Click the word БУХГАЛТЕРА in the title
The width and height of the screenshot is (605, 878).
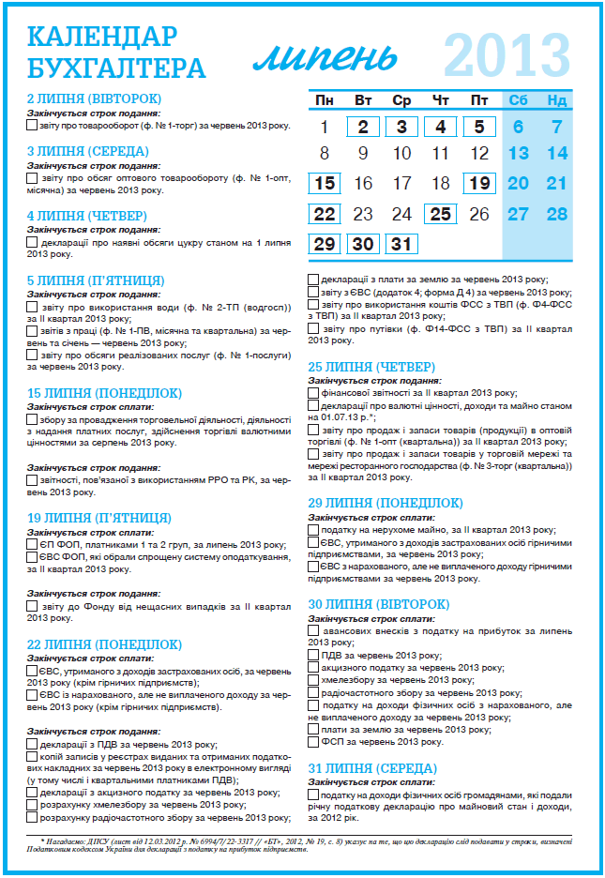coord(116,67)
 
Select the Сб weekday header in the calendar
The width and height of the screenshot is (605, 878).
coord(518,100)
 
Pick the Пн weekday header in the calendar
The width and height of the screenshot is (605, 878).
coord(325,100)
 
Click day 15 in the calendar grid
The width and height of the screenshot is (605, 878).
coord(325,183)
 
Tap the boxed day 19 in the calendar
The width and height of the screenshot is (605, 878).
coord(479,183)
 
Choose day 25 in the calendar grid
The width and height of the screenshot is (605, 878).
coord(440,214)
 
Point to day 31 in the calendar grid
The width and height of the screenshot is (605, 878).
coord(401,244)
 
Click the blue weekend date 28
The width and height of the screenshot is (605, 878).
coord(557,214)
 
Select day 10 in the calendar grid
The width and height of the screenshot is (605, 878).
coord(401,154)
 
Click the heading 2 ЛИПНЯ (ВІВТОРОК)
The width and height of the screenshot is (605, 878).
coord(94,98)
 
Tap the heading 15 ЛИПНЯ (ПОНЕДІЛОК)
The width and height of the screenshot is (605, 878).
coord(104,393)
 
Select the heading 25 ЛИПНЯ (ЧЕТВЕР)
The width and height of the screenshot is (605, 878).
coord(371,365)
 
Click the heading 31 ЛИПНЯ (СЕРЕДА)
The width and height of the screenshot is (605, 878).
coord(372,767)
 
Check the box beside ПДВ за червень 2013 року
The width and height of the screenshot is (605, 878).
coord(313,654)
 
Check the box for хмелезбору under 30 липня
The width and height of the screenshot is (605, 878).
coord(313,678)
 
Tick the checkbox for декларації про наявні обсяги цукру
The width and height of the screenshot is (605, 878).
coord(33,242)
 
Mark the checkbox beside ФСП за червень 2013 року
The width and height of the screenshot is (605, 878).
coord(313,739)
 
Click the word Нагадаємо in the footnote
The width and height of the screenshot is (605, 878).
coord(65,841)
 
